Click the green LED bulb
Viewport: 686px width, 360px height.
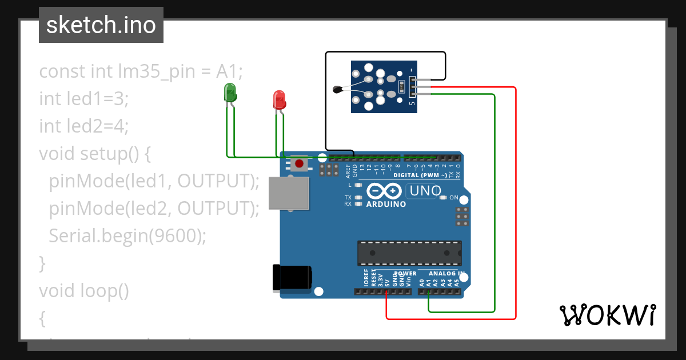click(230, 93)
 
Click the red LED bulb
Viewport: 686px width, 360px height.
click(279, 99)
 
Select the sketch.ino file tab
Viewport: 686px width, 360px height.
click(101, 25)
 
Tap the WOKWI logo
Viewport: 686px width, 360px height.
click(607, 315)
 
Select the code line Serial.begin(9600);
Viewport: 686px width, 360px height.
click(127, 235)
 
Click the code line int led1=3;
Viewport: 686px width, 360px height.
click(84, 99)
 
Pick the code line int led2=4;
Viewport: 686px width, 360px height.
click(84, 126)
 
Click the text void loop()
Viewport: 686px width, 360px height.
click(84, 291)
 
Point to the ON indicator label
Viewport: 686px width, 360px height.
click(454, 198)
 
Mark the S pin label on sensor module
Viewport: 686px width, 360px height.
click(412, 103)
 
